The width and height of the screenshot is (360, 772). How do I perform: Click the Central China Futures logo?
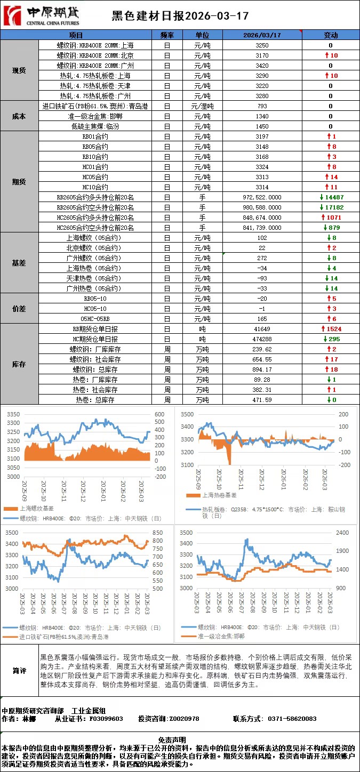coord(41,17)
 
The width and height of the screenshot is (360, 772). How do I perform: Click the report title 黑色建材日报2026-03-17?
coord(179,17)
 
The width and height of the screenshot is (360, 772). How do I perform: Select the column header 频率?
coord(167,35)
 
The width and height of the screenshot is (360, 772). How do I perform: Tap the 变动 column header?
coord(331,35)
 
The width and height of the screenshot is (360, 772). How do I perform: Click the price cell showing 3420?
coord(262,66)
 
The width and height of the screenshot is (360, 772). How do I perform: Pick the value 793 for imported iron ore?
coord(262,106)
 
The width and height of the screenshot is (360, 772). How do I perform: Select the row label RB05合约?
coord(95,147)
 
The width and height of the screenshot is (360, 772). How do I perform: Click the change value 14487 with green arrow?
coord(331,197)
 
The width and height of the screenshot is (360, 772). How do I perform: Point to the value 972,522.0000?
coord(262,197)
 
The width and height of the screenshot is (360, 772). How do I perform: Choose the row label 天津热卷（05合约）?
coord(95,278)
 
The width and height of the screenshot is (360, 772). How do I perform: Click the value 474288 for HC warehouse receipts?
coord(262,339)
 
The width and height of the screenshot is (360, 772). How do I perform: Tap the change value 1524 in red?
coord(331,329)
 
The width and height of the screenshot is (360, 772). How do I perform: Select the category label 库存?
coord(19,365)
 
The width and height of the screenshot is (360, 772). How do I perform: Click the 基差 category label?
coord(19,263)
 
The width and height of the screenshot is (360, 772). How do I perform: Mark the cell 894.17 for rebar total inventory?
coord(262,369)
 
